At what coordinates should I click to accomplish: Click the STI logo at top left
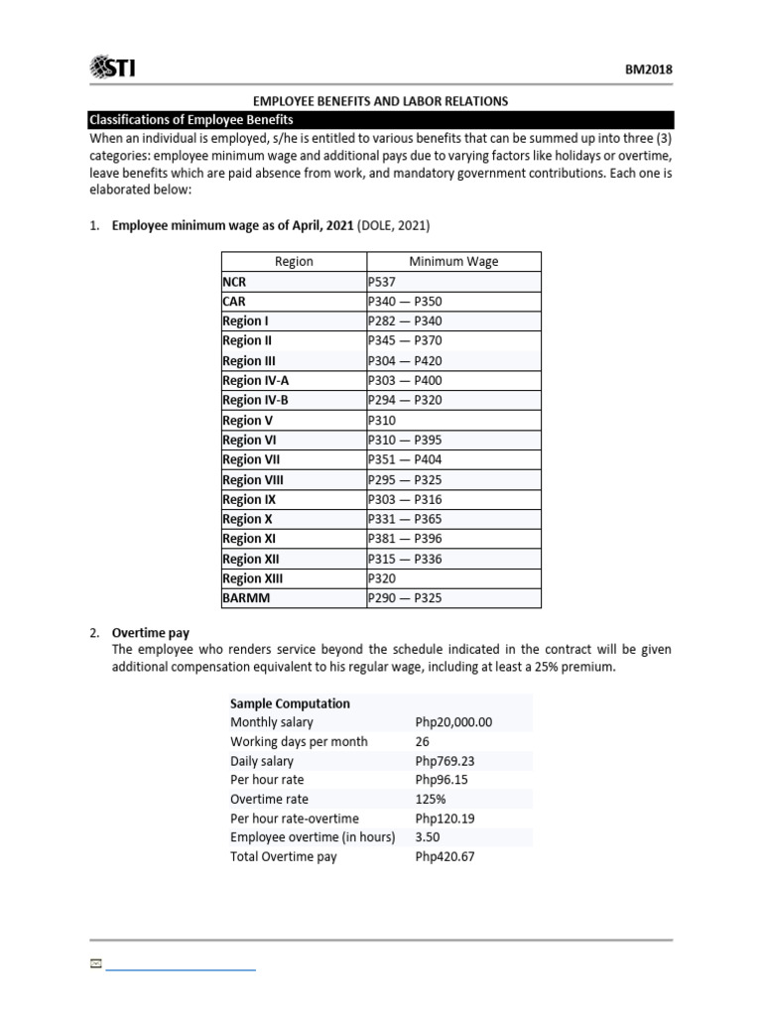113,67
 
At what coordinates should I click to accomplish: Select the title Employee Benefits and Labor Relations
381,101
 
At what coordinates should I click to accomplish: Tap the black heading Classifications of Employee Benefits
190,119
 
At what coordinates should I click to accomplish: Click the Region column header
294,262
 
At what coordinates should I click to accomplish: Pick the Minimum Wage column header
453,262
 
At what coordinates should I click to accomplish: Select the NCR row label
234,282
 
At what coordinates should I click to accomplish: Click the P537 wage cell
382,282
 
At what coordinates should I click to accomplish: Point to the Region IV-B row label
255,400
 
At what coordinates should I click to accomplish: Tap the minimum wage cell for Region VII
404,459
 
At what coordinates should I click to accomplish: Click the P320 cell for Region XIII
382,578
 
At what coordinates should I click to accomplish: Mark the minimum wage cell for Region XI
404,539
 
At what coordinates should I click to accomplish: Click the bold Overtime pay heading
151,632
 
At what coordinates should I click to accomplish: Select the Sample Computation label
290,703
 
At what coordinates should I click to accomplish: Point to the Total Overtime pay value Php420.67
445,856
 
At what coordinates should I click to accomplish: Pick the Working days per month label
299,741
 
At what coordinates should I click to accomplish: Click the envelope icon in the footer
95,963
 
